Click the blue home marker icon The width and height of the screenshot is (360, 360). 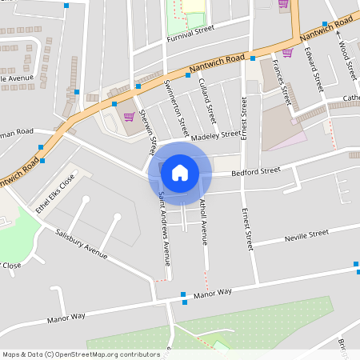180,172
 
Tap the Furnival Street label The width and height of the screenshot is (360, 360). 191,33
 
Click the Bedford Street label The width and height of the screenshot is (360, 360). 256,170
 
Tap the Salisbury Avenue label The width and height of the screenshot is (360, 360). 82,243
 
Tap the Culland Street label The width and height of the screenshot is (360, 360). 208,100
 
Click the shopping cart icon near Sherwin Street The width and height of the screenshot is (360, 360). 128,117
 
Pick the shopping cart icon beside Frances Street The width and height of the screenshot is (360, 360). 287,53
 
